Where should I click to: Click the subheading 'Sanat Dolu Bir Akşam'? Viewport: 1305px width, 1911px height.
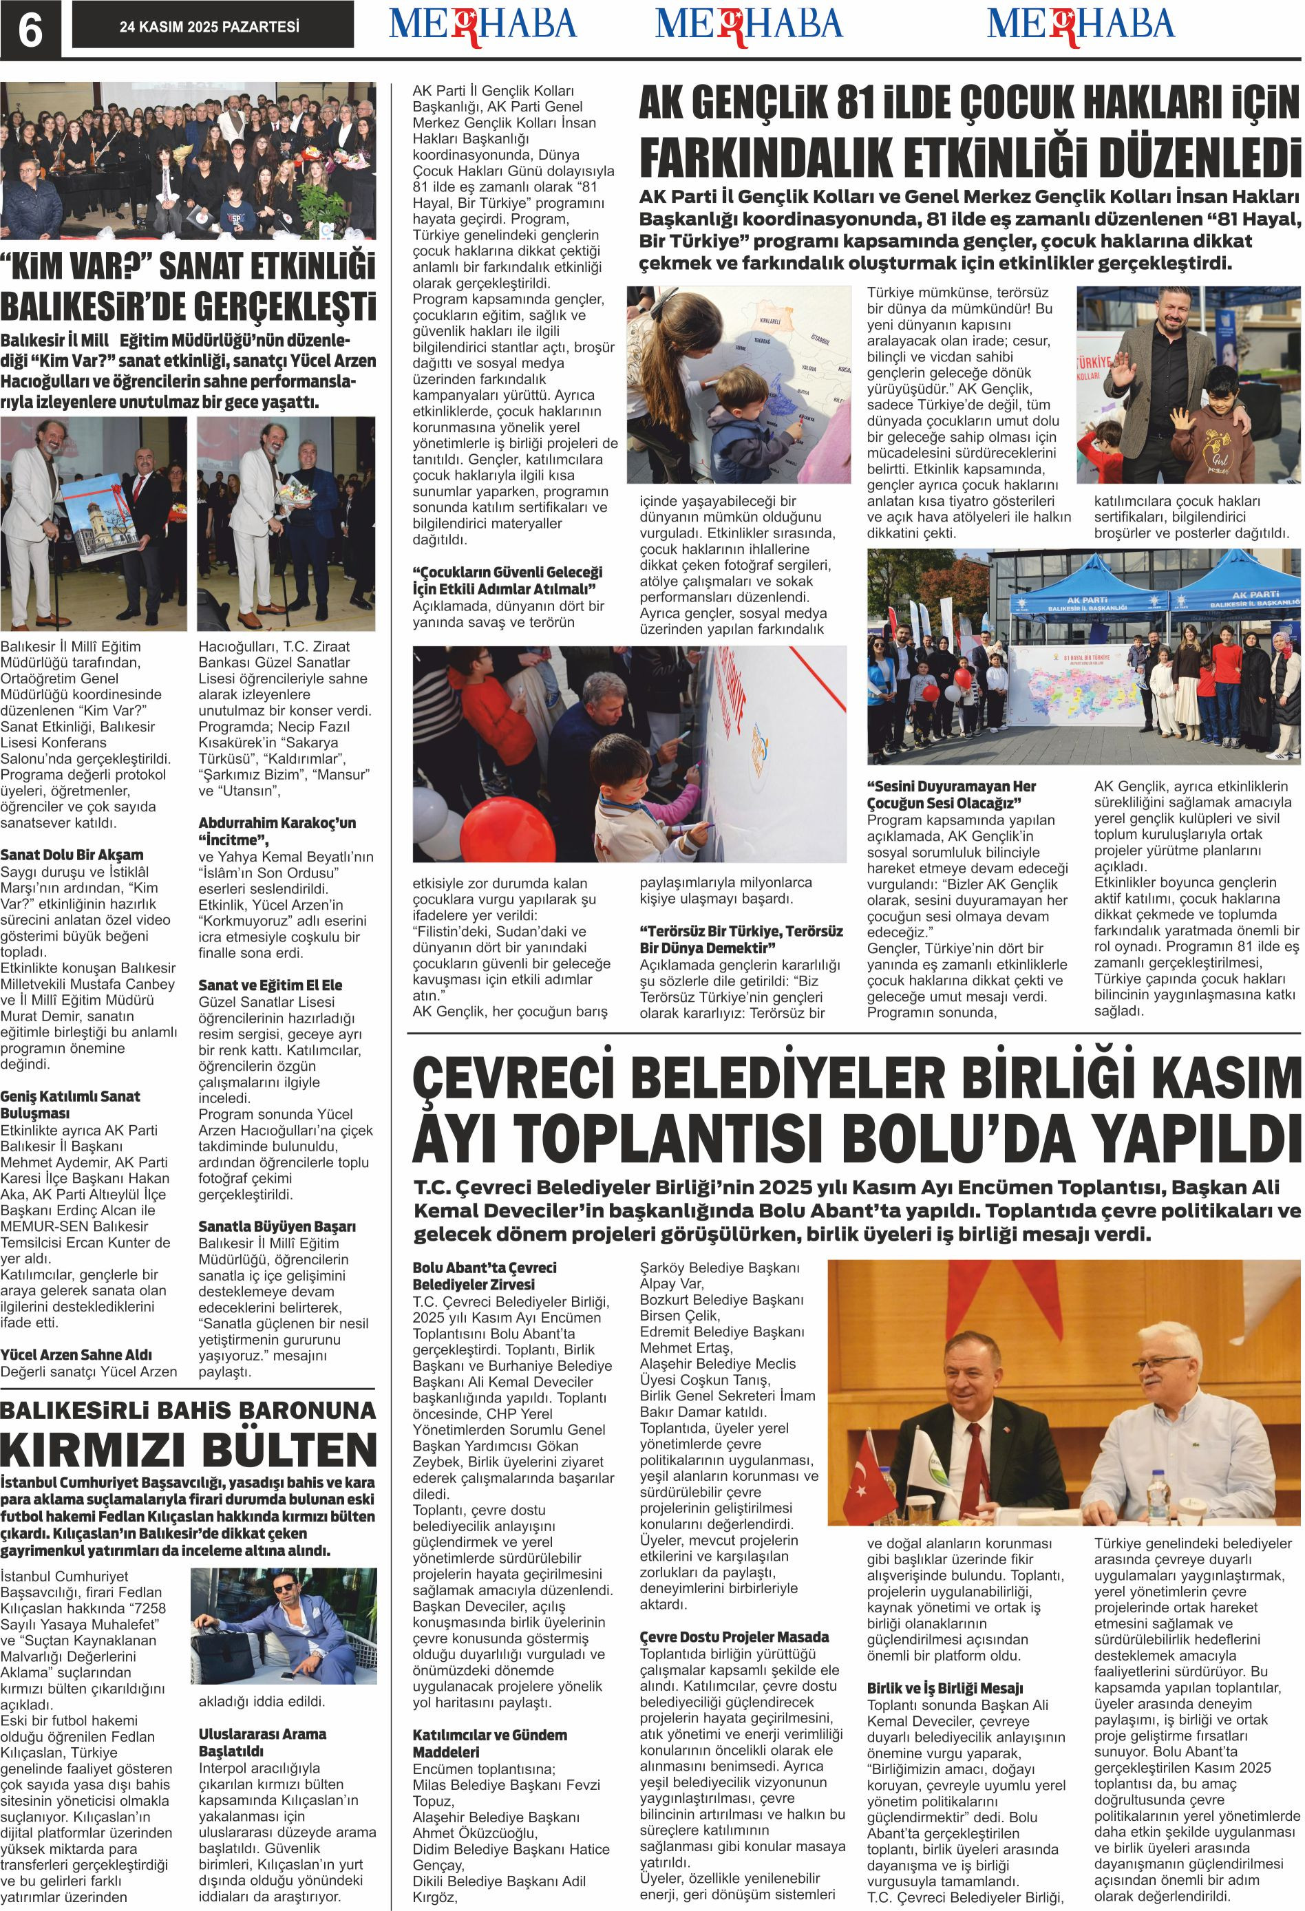pyautogui.click(x=72, y=855)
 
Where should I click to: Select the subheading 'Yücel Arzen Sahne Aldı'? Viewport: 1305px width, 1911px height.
pyautogui.click(x=76, y=1354)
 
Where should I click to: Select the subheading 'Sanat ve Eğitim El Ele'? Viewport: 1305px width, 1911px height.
pyautogui.click(x=270, y=984)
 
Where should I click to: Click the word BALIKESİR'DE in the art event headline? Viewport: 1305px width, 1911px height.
pyautogui.click(x=96, y=309)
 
